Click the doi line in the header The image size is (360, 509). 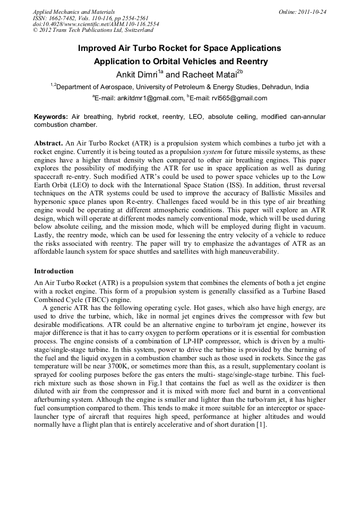point(96,24)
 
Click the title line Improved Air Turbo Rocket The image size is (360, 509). point(179,48)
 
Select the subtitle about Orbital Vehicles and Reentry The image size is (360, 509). point(181,62)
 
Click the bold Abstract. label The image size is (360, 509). point(48,143)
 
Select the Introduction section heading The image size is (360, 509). point(54,271)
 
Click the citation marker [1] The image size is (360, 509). point(261,425)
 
